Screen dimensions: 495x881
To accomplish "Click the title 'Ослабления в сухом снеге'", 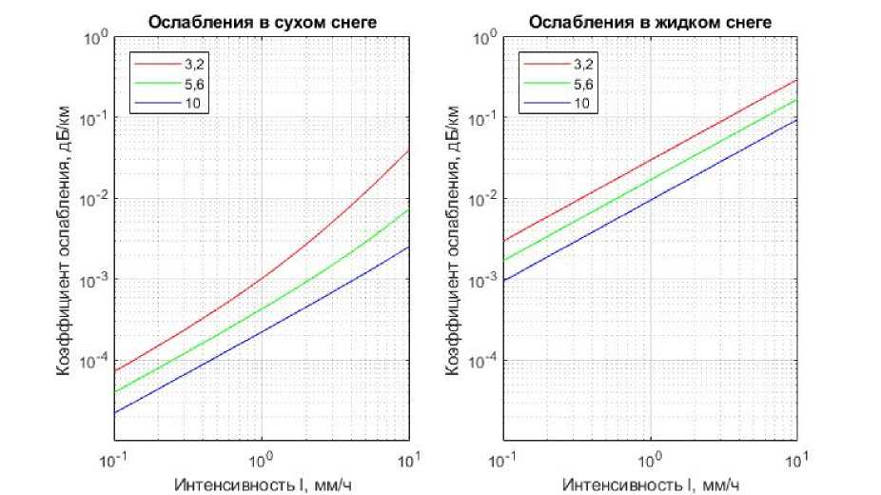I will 261,23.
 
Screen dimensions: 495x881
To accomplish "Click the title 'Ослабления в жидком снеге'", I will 651,23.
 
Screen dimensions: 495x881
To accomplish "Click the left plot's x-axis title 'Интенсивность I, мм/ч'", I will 261,485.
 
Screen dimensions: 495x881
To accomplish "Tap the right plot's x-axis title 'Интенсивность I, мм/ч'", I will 651,485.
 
